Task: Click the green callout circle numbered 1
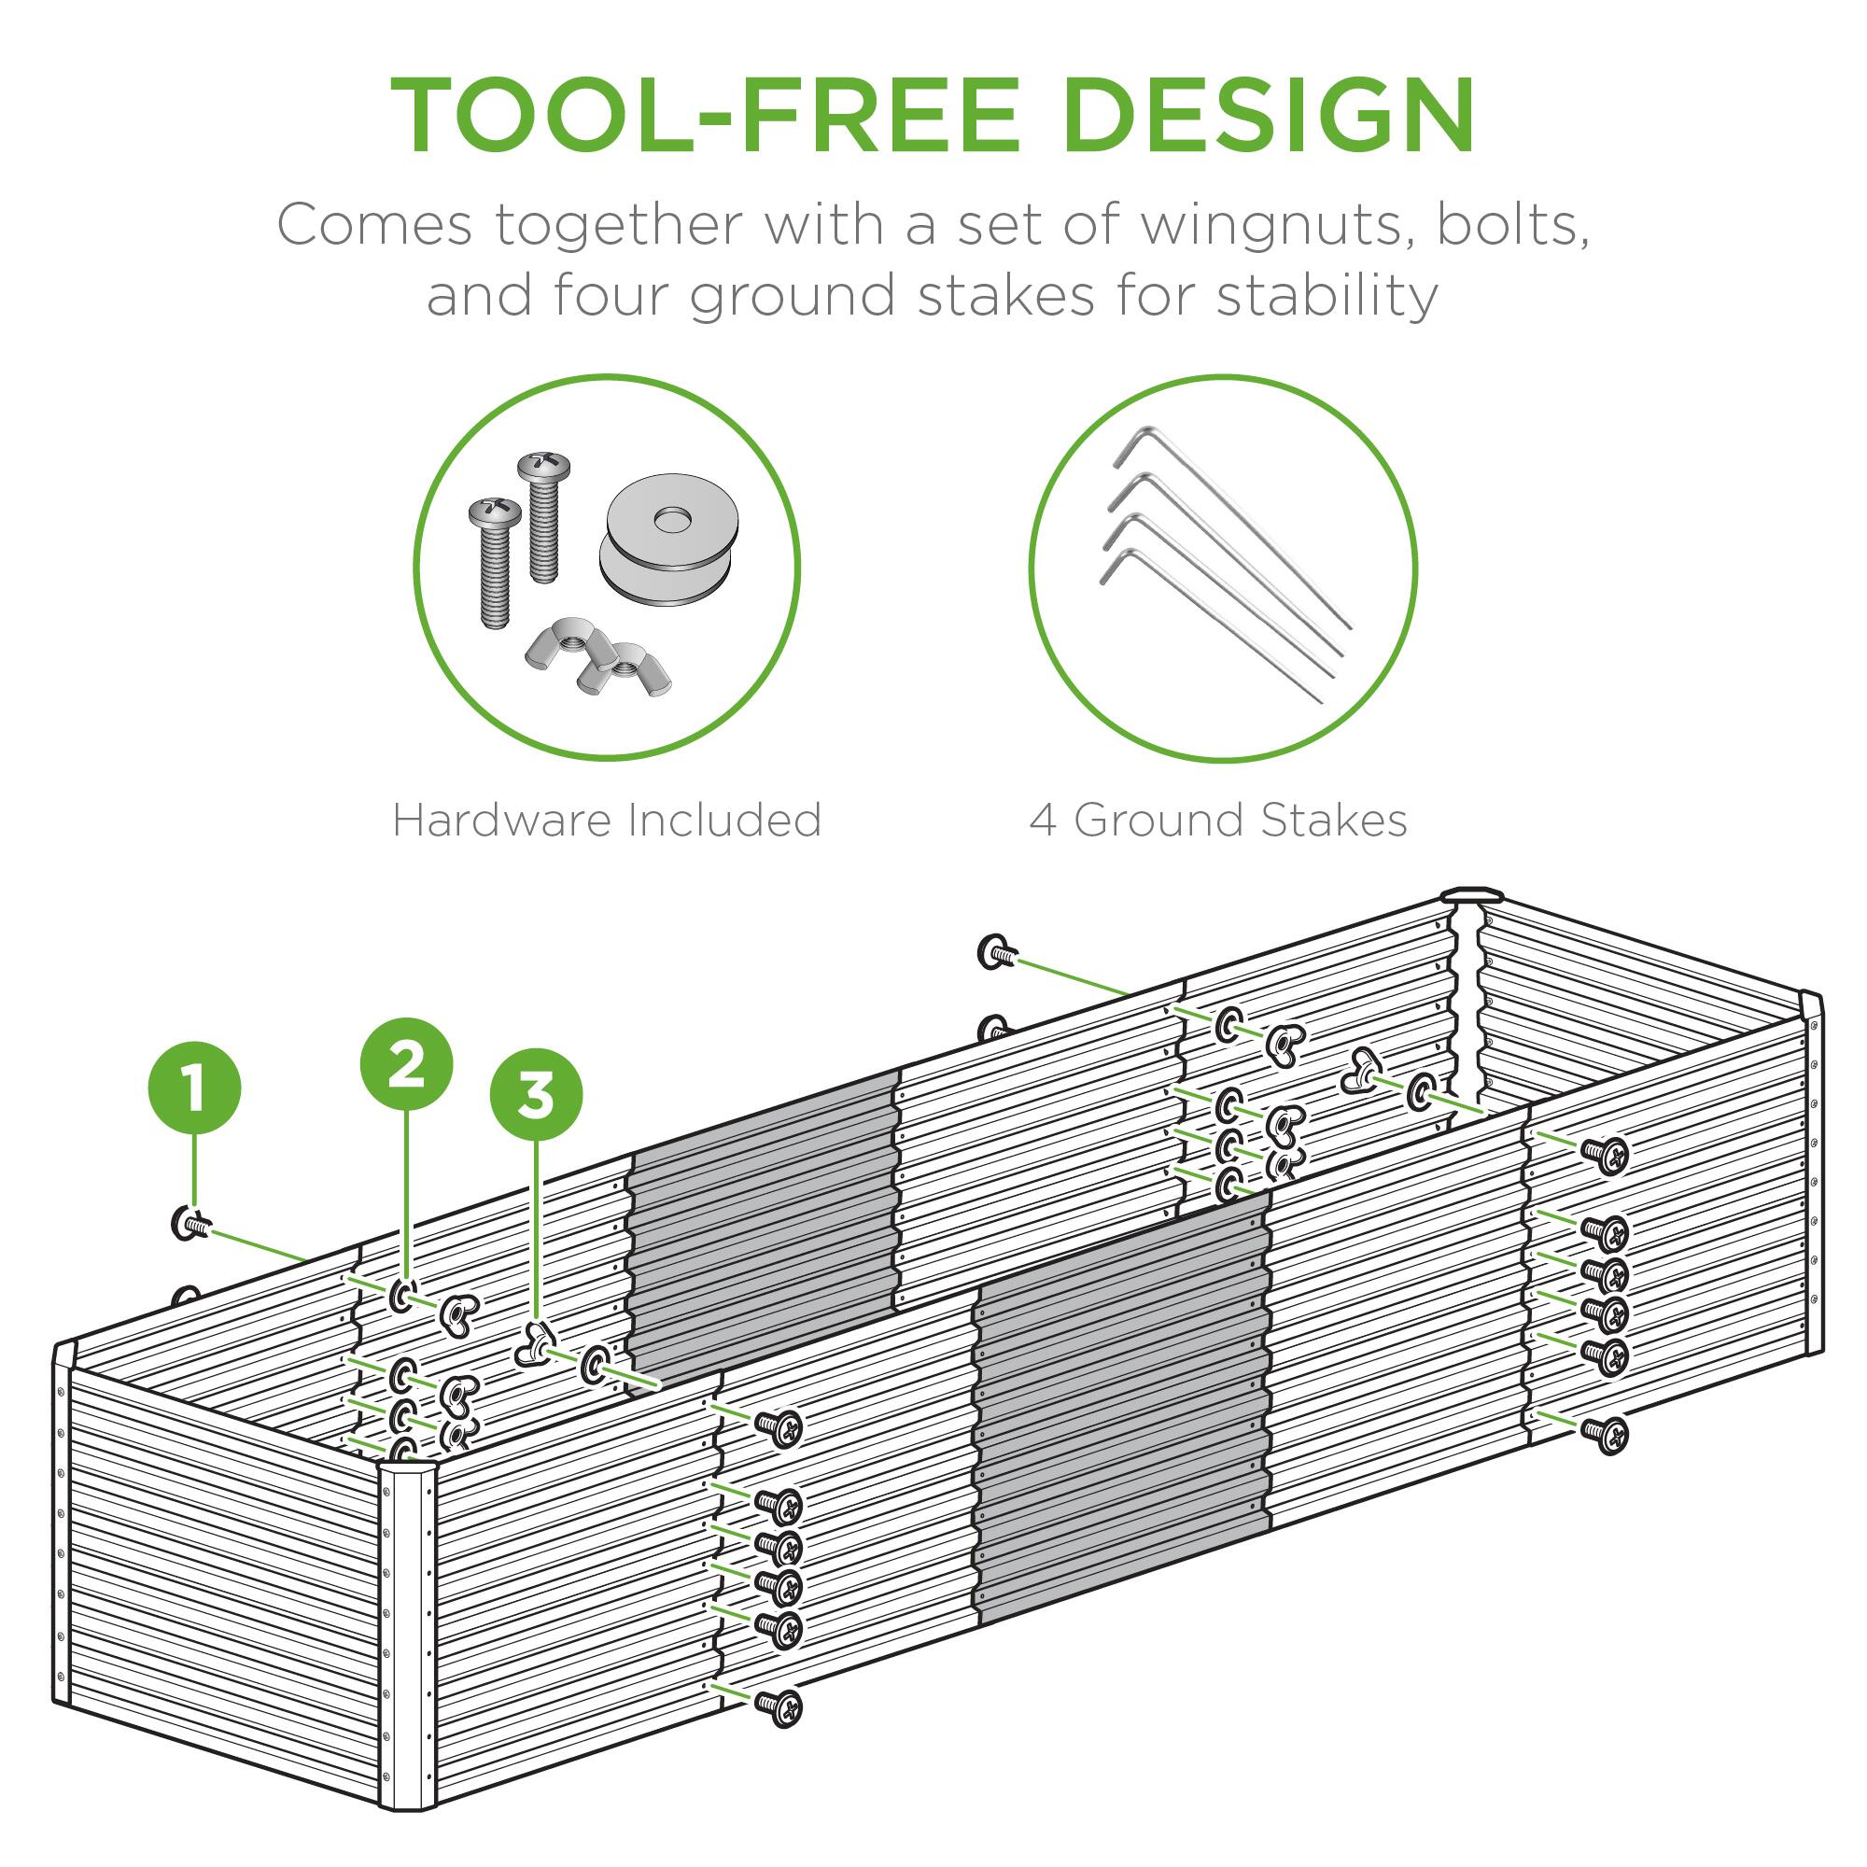point(194,1088)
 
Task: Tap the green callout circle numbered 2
point(406,1065)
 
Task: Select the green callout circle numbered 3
point(537,1097)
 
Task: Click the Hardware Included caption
point(607,821)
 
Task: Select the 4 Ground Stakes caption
point(1217,821)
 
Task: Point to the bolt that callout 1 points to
point(190,1225)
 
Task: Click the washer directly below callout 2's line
point(404,1296)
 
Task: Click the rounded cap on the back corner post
point(1466,895)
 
